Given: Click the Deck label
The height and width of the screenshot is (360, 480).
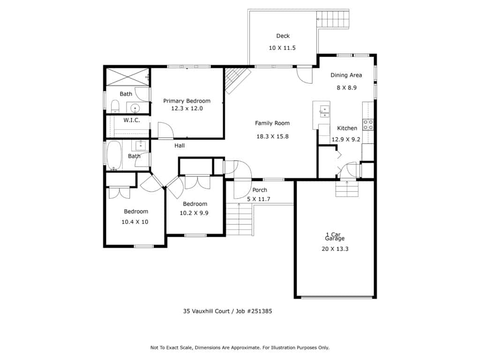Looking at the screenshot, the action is [283, 36].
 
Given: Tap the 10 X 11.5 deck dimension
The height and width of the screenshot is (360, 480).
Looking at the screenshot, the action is [282, 48].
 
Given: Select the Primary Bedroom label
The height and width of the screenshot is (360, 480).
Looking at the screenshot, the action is [187, 101].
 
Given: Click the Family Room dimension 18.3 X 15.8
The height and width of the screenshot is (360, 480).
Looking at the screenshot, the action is [272, 136].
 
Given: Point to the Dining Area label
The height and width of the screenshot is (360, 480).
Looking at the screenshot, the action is [346, 75].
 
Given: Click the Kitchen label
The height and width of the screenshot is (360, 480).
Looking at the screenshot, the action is [347, 128].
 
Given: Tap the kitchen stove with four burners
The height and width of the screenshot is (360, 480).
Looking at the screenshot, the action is [368, 125].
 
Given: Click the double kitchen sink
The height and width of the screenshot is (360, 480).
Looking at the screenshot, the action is [324, 112].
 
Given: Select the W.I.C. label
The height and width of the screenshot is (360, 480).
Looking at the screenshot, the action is [132, 120].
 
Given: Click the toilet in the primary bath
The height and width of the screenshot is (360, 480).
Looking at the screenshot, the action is [115, 106].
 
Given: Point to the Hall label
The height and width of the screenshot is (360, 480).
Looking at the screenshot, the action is [180, 146].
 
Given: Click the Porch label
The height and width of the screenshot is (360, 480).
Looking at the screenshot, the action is [260, 190].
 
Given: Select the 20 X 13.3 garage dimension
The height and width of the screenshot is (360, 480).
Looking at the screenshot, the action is [335, 249].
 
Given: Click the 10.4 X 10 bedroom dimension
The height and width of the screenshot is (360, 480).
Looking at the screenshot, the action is [135, 222].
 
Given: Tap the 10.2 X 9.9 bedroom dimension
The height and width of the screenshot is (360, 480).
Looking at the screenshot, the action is [194, 213].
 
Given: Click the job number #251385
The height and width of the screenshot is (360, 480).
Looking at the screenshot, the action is [259, 311].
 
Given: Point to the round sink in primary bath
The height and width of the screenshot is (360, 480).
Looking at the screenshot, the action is [135, 108].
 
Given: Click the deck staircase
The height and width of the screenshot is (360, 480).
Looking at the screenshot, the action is [333, 19].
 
